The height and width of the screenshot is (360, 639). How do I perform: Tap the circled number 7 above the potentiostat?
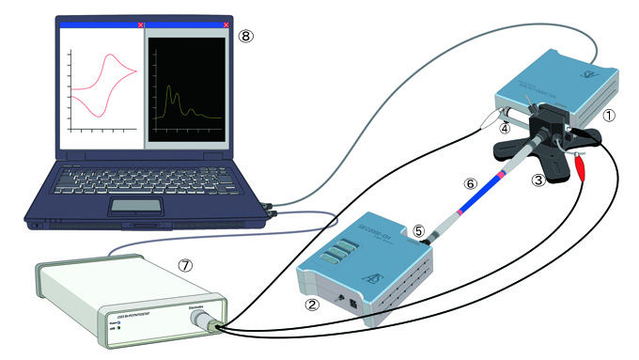click(185, 265)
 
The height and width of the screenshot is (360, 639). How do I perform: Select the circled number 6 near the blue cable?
click(470, 184)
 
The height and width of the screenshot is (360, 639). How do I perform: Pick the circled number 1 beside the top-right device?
click(608, 117)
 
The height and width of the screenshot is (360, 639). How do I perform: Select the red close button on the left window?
click(141, 24)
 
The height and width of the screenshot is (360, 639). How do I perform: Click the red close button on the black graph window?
click(226, 24)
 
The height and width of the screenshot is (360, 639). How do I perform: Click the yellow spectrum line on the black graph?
click(172, 99)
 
